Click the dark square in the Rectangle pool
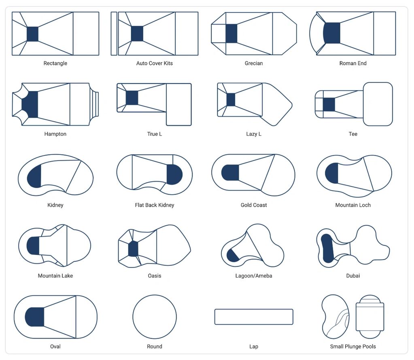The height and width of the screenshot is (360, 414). point(32,34)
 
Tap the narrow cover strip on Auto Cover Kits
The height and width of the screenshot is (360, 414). point(114,34)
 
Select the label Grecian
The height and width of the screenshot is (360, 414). point(254,64)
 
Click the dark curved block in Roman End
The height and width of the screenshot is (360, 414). point(331,33)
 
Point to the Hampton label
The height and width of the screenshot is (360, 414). point(55,134)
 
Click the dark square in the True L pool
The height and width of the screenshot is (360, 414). point(132,97)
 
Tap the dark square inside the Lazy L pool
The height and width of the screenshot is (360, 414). point(231,100)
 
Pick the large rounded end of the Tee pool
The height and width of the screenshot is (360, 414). point(378,104)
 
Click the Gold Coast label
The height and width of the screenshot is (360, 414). point(254,205)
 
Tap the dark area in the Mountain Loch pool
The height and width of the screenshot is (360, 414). point(332,173)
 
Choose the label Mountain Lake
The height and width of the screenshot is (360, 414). point(55,276)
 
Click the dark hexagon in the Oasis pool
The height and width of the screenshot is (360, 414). point(133,249)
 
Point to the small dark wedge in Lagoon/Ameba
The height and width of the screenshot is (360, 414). point(232,256)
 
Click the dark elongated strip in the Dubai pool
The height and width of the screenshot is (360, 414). point(327,248)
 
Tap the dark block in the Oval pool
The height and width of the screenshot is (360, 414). point(35,317)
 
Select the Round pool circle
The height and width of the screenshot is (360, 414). point(155,295)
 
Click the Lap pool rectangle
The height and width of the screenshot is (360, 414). point(254,309)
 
